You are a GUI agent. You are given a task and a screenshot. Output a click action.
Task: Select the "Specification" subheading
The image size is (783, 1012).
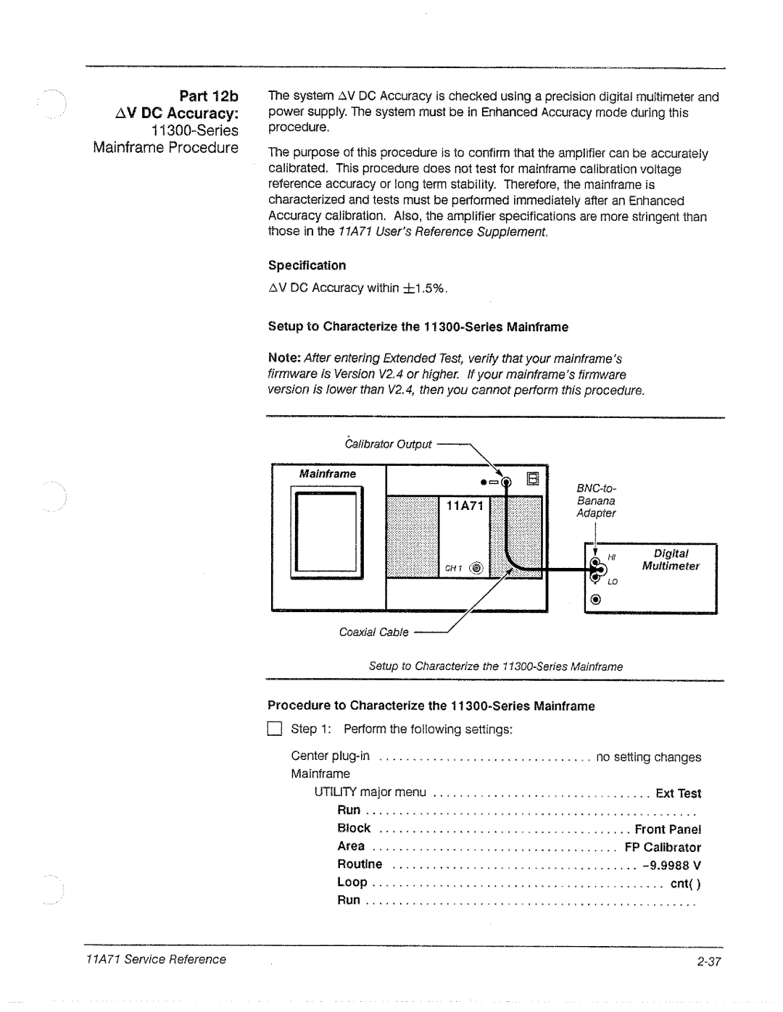(307, 265)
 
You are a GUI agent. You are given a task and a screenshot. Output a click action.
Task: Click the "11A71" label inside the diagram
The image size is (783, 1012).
(464, 506)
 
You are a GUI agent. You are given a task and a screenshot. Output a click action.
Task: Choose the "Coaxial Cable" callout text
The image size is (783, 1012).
(374, 632)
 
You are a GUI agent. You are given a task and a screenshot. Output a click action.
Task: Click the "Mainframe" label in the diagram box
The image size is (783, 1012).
(328, 474)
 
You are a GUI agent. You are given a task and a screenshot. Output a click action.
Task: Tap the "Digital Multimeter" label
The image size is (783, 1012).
(671, 560)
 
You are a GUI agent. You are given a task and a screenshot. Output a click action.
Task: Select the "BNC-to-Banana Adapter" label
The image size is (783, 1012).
(596, 501)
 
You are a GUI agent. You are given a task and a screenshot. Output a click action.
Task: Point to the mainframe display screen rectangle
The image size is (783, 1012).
(328, 532)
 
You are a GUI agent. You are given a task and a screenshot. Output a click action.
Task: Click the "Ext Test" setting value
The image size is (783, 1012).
(678, 793)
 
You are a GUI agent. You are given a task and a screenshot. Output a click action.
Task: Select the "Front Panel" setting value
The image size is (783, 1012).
(668, 829)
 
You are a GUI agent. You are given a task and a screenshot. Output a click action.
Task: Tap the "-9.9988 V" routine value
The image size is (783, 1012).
(671, 865)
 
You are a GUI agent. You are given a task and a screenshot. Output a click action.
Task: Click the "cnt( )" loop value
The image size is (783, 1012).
(684, 883)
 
